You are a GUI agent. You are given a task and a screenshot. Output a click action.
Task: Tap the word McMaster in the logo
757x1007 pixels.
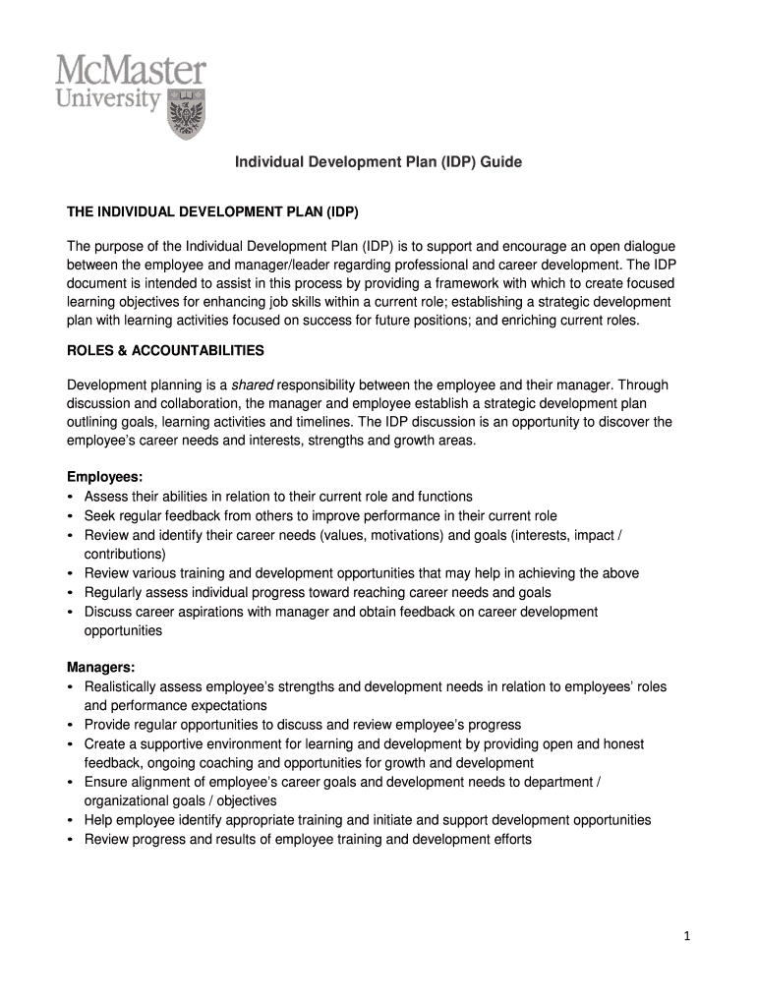(x=131, y=71)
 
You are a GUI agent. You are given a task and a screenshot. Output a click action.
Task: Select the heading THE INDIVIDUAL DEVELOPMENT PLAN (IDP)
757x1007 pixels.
(x=212, y=211)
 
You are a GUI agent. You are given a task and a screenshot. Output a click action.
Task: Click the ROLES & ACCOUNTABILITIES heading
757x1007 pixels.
(x=165, y=350)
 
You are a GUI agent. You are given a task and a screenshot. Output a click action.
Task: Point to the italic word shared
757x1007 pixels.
(x=252, y=385)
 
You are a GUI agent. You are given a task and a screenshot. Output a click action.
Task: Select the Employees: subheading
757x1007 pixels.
(x=104, y=477)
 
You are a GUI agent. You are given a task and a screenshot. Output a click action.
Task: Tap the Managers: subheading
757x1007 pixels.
(x=100, y=667)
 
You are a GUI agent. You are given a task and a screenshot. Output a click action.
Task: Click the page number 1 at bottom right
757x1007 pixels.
(x=688, y=937)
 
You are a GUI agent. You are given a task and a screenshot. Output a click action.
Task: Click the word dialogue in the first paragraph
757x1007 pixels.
(x=647, y=246)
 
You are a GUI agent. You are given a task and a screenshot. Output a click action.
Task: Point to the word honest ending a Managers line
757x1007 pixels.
(x=623, y=744)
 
